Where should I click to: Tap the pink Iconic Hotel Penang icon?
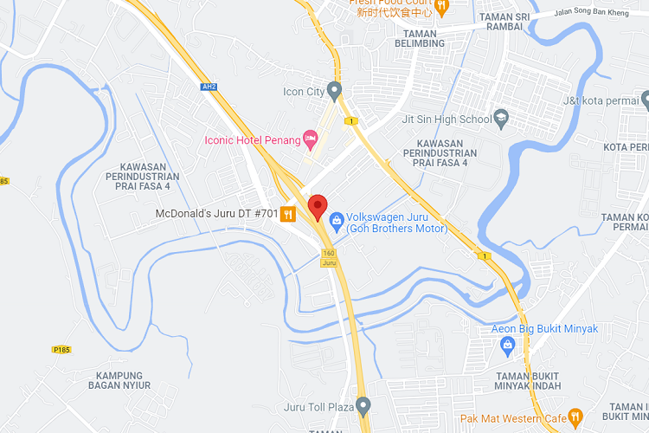311,139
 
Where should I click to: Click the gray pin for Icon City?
336,90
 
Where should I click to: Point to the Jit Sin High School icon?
501,119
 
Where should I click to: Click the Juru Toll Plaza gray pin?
363,405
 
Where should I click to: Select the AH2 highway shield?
208,87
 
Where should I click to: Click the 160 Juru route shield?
328,257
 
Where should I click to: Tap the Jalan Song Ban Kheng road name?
601,13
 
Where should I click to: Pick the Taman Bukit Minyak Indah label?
530,380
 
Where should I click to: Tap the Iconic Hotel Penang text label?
252,139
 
